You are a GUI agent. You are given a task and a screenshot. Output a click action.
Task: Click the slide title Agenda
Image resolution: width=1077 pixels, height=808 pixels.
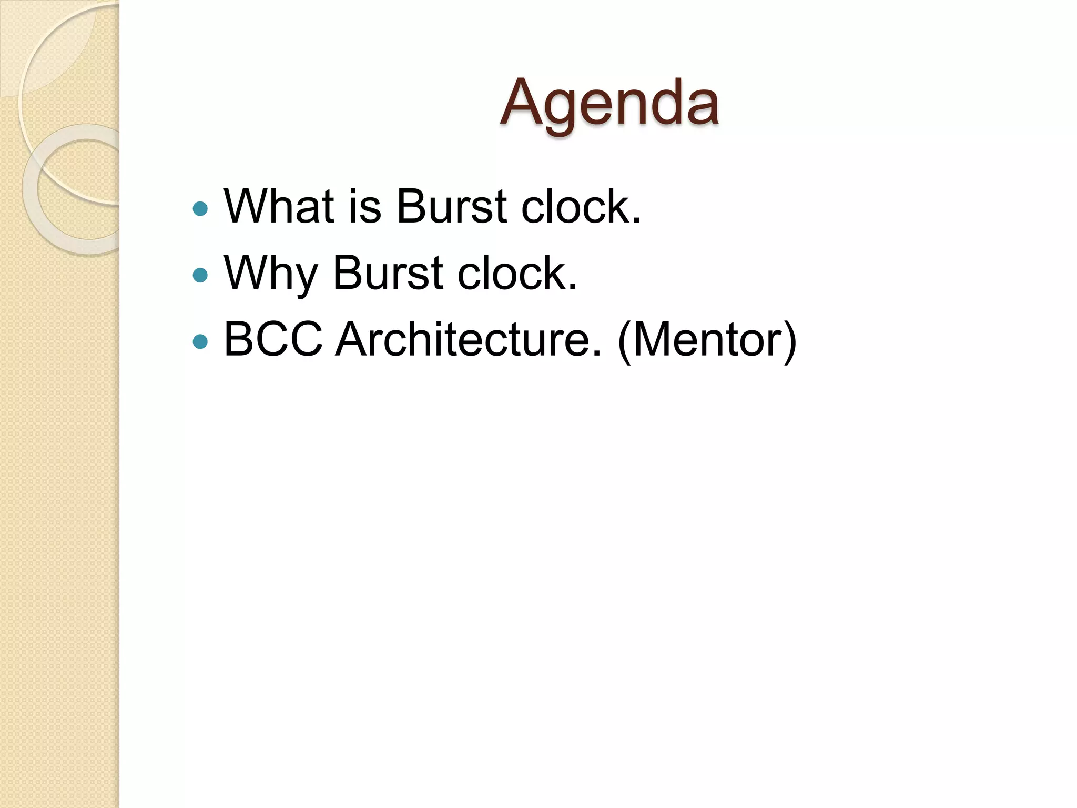[609, 103]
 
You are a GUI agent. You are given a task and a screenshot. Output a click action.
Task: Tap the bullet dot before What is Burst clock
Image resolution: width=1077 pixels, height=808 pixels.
[200, 209]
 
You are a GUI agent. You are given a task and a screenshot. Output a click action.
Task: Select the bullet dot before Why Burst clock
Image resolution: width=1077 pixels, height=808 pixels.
[200, 275]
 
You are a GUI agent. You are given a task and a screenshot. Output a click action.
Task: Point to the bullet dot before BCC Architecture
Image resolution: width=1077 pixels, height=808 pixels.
[200, 342]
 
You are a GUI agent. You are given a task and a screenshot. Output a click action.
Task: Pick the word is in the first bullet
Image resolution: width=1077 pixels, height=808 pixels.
[365, 206]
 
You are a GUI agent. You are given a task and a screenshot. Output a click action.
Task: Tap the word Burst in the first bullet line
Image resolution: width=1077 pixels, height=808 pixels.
[451, 206]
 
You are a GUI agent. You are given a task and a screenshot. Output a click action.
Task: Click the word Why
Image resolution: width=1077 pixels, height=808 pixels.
[271, 274]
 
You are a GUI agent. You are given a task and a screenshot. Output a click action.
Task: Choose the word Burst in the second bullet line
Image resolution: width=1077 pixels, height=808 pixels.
[388, 272]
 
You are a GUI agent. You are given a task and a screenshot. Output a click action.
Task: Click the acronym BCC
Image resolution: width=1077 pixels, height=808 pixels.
[273, 339]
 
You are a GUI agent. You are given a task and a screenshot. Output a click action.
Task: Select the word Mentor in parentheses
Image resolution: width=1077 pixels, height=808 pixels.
[707, 339]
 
